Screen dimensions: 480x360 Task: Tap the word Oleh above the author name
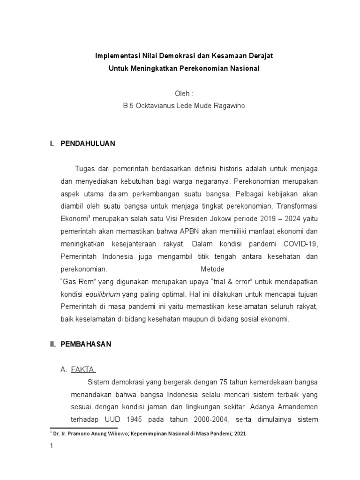[177, 94]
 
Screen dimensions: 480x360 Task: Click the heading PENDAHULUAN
[88, 143]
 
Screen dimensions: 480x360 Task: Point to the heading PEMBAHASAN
[86, 344]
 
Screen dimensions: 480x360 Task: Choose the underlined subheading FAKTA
[82, 369]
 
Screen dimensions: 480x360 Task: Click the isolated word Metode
[212, 270]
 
